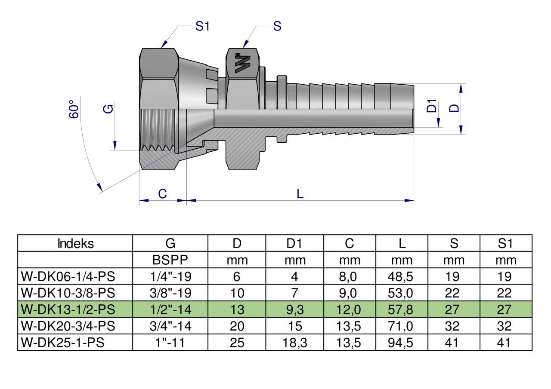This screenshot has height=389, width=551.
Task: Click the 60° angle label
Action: (x=74, y=109)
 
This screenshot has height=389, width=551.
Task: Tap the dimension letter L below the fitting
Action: (x=300, y=194)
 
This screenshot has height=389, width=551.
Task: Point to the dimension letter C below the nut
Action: (x=162, y=194)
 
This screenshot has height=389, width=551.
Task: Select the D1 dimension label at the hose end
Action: (x=432, y=106)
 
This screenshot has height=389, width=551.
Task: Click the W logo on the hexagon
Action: (x=242, y=62)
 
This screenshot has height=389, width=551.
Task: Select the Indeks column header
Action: (x=75, y=244)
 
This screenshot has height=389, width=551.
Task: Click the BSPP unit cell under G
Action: (x=170, y=260)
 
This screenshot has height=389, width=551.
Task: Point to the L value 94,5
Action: (x=401, y=343)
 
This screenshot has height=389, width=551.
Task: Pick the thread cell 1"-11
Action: (x=170, y=343)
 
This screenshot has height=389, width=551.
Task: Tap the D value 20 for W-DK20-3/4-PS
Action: (x=237, y=326)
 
